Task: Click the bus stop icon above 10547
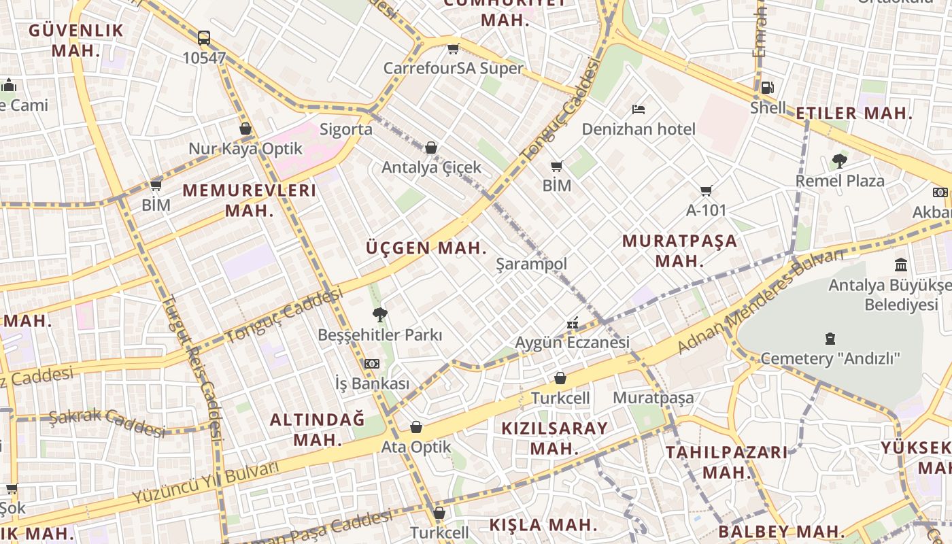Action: [204, 38]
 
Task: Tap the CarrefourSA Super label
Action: [454, 68]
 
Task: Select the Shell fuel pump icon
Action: [767, 88]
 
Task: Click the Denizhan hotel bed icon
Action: [638, 109]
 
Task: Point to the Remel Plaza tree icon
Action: [840, 161]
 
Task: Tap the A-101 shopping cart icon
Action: [707, 191]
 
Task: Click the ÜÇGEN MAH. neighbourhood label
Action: [427, 248]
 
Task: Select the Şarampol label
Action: [531, 264]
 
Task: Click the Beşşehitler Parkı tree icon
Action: [379, 314]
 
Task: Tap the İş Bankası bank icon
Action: [372, 364]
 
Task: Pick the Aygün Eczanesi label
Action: [572, 343]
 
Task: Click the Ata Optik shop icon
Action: [416, 427]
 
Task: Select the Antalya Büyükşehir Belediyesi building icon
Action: [901, 265]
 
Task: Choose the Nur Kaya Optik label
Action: [245, 148]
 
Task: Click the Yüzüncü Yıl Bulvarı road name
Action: [205, 483]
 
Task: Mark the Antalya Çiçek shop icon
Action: [430, 148]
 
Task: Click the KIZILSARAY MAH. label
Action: [554, 439]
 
